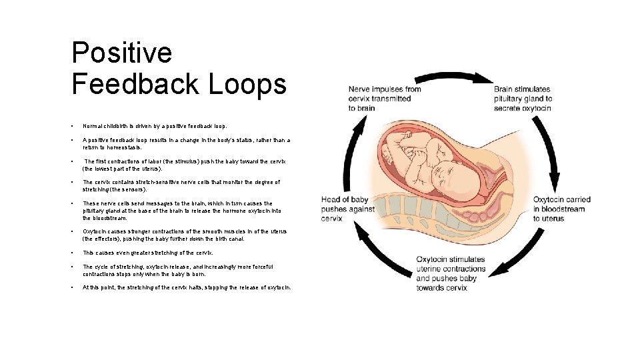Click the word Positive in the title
point(121,53)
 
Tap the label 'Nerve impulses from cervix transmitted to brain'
point(385,98)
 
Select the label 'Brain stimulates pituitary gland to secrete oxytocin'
point(523,98)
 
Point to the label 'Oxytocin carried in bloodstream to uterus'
point(562,209)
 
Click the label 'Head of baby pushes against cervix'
point(344,209)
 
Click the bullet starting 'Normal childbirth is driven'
point(154,125)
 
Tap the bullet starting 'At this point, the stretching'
point(187,287)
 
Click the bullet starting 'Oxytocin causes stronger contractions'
point(184,235)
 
